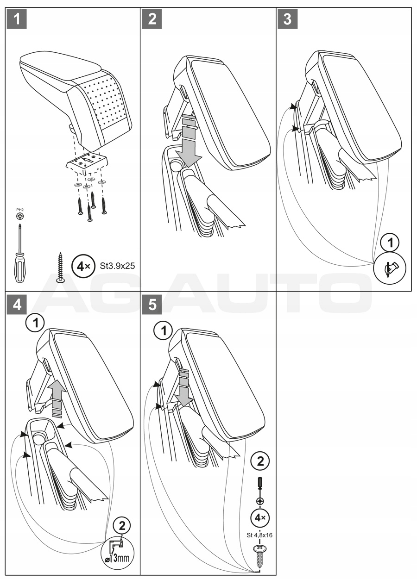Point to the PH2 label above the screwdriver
tap(19, 210)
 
